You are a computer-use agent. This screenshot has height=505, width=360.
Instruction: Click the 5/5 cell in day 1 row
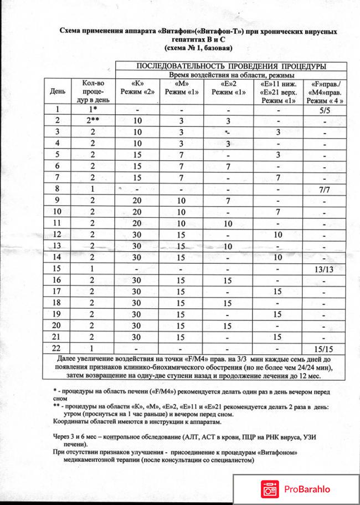pos(326,110)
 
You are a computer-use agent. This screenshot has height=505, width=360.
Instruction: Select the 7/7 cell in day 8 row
pos(326,190)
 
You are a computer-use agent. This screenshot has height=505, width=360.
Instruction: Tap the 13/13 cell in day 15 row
pos(325,269)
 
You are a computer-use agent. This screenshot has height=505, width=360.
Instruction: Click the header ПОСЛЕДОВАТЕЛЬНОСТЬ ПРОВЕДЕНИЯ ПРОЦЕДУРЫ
pos(229,67)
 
